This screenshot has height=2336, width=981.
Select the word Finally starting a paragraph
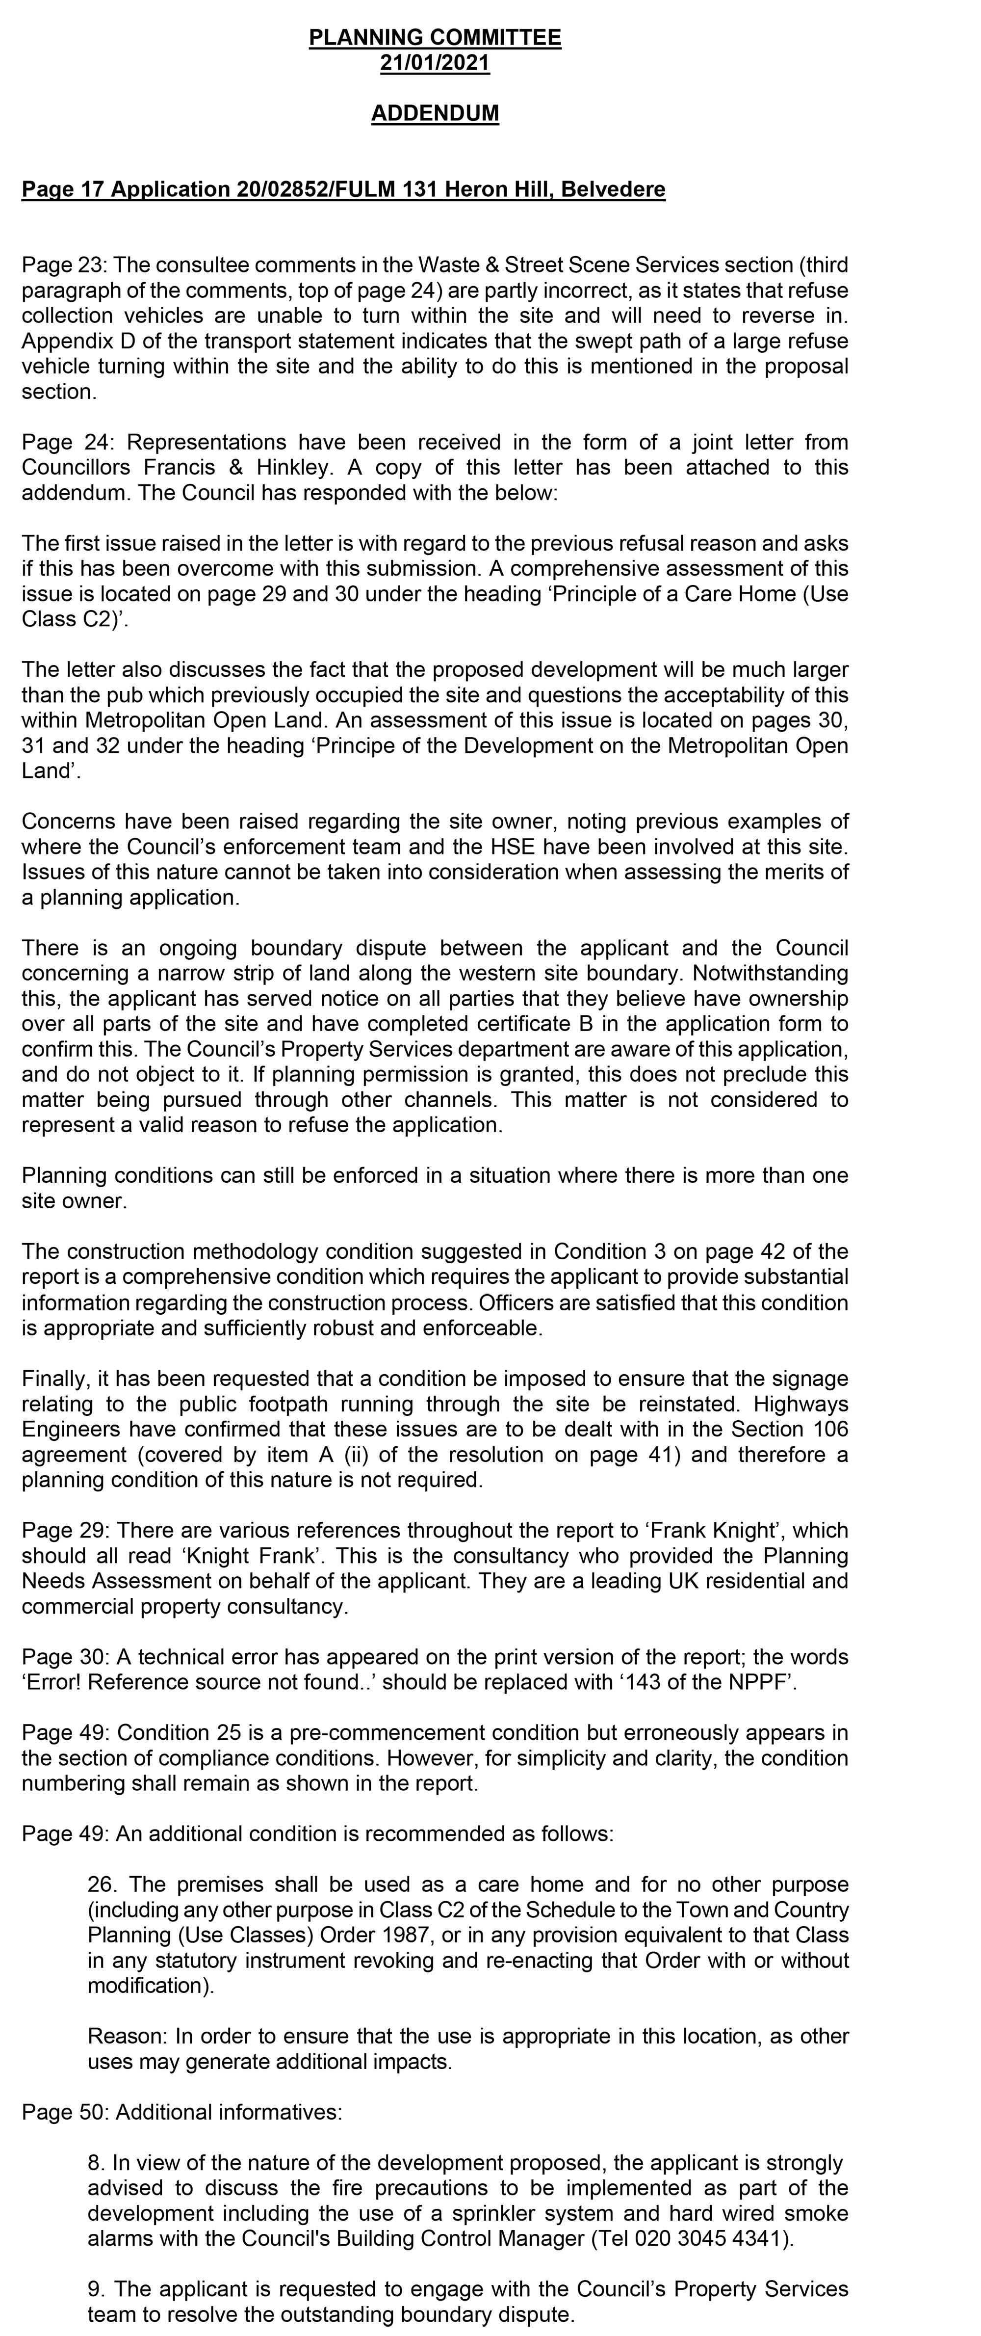[53, 1380]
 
